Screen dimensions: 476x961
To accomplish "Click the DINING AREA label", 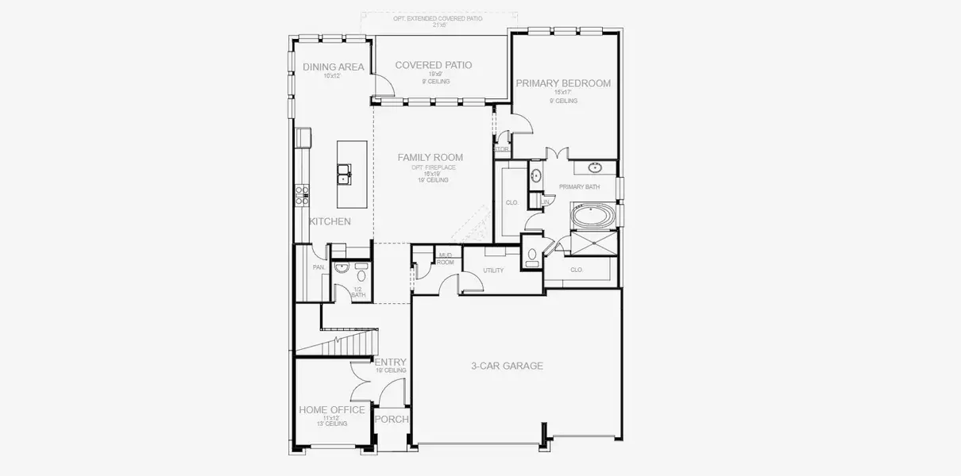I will [334, 67].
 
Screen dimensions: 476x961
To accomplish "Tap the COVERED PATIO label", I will [434, 65].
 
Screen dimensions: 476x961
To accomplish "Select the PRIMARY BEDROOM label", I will [563, 83].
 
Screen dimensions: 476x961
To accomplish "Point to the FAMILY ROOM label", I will [430, 158].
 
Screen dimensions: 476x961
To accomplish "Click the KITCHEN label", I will [330, 221].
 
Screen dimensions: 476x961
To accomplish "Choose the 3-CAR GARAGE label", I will [507, 366].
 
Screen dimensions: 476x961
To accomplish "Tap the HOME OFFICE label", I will [332, 410].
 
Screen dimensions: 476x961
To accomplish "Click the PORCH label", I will [392, 420].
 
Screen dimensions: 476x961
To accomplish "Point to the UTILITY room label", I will [493, 271].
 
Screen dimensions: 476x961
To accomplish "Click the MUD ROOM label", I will [446, 258].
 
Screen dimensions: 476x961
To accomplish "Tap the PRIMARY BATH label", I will [579, 187].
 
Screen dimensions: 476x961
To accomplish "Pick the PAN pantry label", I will [318, 267].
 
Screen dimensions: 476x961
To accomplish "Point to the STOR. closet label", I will [501, 149].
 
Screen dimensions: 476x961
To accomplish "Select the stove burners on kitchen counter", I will [302, 195].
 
